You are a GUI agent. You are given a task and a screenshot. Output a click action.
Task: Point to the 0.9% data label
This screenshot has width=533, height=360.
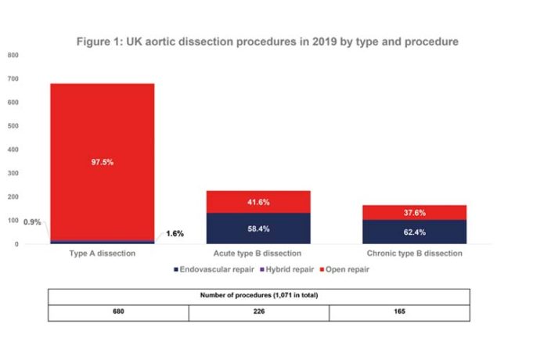[x=34, y=222]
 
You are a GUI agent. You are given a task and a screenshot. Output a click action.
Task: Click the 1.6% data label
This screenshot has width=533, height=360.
[x=175, y=233]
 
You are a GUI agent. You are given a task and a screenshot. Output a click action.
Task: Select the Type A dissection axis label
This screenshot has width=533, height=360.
[x=103, y=254]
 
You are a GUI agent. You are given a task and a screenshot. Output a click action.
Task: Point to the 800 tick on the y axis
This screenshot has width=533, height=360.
[x=13, y=55]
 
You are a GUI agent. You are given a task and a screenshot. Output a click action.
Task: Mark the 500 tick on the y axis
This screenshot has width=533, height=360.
[x=13, y=126]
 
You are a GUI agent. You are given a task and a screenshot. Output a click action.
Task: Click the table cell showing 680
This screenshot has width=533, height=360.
[x=118, y=312]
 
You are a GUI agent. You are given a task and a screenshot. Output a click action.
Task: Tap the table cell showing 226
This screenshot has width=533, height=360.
[x=258, y=312]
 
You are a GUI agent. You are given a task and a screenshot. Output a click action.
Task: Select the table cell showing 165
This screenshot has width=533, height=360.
[x=399, y=312]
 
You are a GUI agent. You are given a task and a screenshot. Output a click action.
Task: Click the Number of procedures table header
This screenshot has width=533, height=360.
[x=258, y=295]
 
